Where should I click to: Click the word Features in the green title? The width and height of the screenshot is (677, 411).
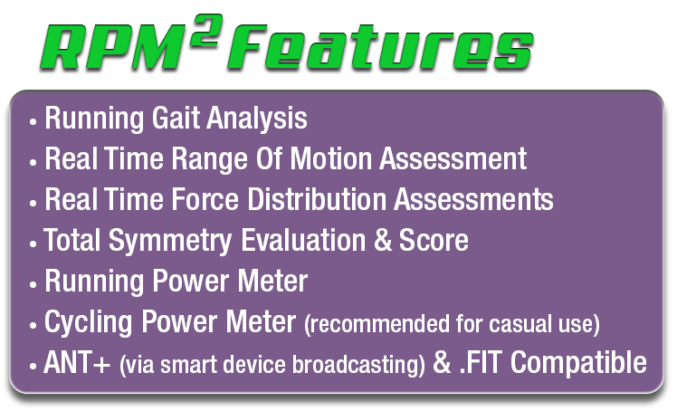click(381, 47)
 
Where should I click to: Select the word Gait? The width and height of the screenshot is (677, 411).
click(176, 118)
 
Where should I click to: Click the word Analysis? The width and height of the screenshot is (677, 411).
click(257, 119)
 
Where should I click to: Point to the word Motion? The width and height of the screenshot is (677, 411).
click(330, 158)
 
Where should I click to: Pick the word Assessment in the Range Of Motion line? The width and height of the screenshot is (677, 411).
click(453, 158)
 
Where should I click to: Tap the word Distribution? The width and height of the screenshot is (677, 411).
click(317, 199)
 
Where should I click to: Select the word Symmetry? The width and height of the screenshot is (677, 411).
click(170, 241)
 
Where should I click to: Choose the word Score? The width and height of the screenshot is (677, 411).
click(434, 240)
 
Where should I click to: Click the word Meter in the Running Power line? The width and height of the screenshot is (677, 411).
click(272, 281)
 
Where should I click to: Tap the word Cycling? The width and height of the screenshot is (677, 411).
click(88, 323)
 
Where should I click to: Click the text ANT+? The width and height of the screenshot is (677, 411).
click(77, 362)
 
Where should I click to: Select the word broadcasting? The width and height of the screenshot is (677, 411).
click(356, 364)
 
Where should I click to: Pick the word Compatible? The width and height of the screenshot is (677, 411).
click(578, 362)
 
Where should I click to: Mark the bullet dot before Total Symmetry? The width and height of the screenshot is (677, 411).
click(33, 244)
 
